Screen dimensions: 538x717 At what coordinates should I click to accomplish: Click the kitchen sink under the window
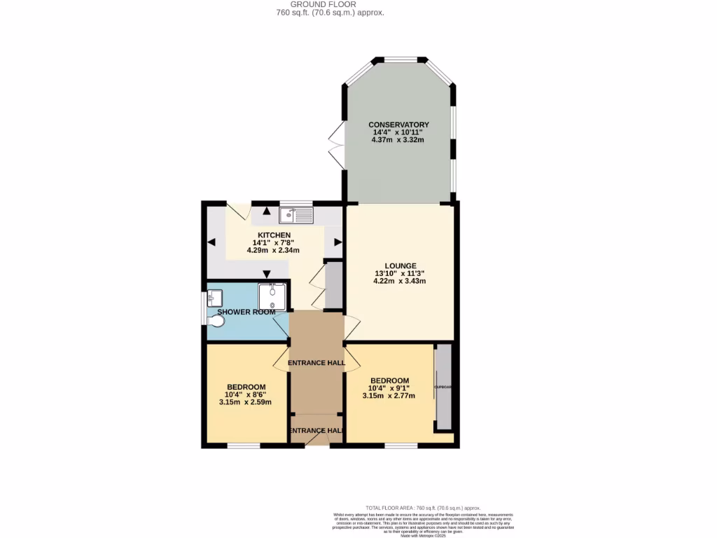pos(296,215)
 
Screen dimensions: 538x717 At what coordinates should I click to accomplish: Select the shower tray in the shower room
pos(272,296)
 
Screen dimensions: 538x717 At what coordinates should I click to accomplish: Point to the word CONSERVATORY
pos(398,125)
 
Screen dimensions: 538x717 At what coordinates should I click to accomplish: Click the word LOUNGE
pos(399,265)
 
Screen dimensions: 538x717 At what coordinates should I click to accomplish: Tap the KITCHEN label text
pos(275,235)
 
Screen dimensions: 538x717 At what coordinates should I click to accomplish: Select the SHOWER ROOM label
pos(246,312)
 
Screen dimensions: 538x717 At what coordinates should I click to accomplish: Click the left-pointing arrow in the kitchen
pos(211,243)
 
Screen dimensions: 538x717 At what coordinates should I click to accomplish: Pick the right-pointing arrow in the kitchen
pos(337,242)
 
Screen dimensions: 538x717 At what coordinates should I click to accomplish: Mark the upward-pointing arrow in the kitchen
pos(266,211)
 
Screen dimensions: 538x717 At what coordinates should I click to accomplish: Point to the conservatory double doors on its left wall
pos(337,145)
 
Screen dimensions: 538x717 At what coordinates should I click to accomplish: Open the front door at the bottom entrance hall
pos(316,439)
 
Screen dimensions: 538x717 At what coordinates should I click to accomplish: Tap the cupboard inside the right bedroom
pos(443,387)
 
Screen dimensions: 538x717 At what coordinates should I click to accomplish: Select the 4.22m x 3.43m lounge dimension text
pos(399,281)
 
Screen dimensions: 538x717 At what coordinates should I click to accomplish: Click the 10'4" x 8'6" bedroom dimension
pos(246,394)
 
